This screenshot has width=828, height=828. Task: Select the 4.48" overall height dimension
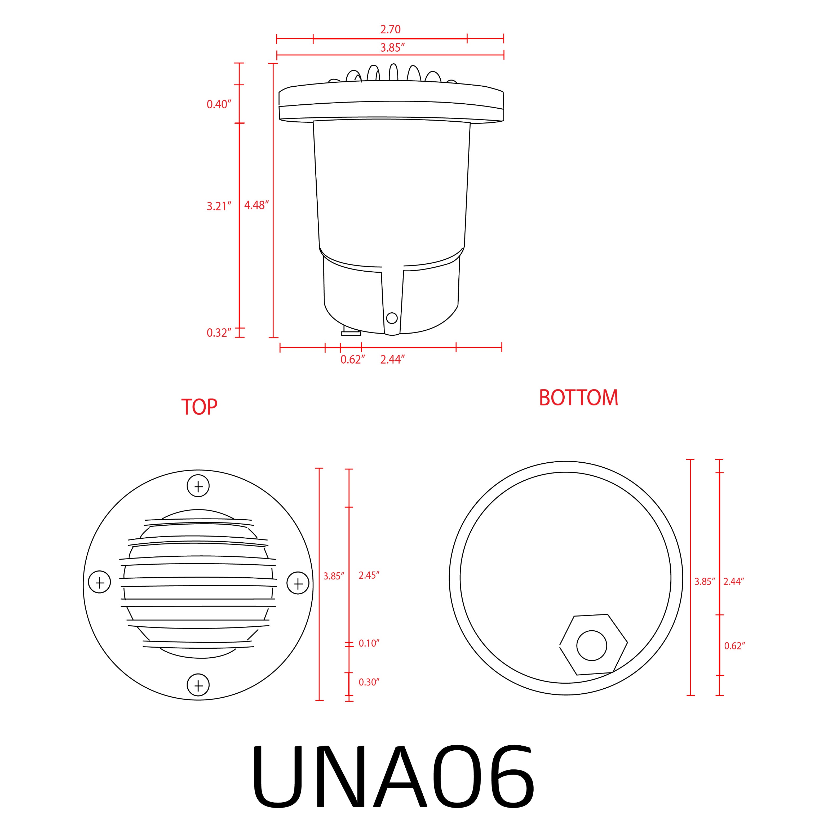coord(256,205)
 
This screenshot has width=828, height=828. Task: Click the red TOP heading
coord(199,407)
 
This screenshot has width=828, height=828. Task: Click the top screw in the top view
coord(198,486)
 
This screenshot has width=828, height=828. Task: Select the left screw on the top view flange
coord(99,582)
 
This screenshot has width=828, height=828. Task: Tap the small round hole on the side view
coord(392,318)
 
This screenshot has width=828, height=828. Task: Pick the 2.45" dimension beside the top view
coord(369,575)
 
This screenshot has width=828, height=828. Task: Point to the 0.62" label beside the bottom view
coord(734,646)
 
